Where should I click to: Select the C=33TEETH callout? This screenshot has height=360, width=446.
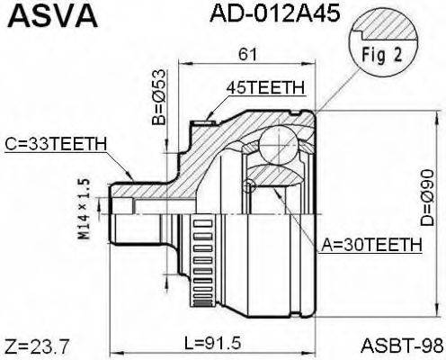pos(56,143)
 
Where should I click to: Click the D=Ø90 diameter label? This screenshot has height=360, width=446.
pos(423,200)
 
